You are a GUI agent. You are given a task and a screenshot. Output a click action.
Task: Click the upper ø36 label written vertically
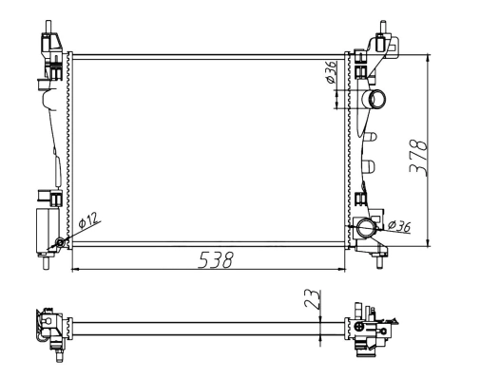click(x=331, y=74)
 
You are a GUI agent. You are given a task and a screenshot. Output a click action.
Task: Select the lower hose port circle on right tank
click(x=369, y=228)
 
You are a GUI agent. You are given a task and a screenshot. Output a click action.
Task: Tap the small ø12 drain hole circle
click(x=61, y=243)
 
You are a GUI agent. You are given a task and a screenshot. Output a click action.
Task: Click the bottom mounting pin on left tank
click(x=46, y=265)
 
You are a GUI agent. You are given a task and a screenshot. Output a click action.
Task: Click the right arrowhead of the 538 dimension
click(x=343, y=270)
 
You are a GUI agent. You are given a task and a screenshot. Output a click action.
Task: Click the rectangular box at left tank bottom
click(x=47, y=229)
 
